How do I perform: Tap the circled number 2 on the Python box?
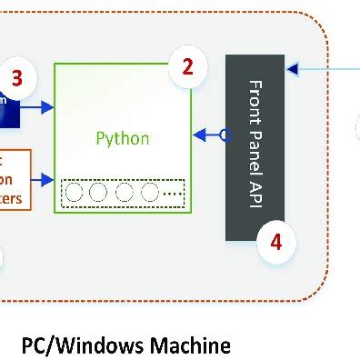click(x=187, y=65)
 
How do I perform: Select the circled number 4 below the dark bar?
click(x=276, y=243)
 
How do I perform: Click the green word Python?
click(x=123, y=139)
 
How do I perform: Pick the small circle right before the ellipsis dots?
click(x=149, y=193)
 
